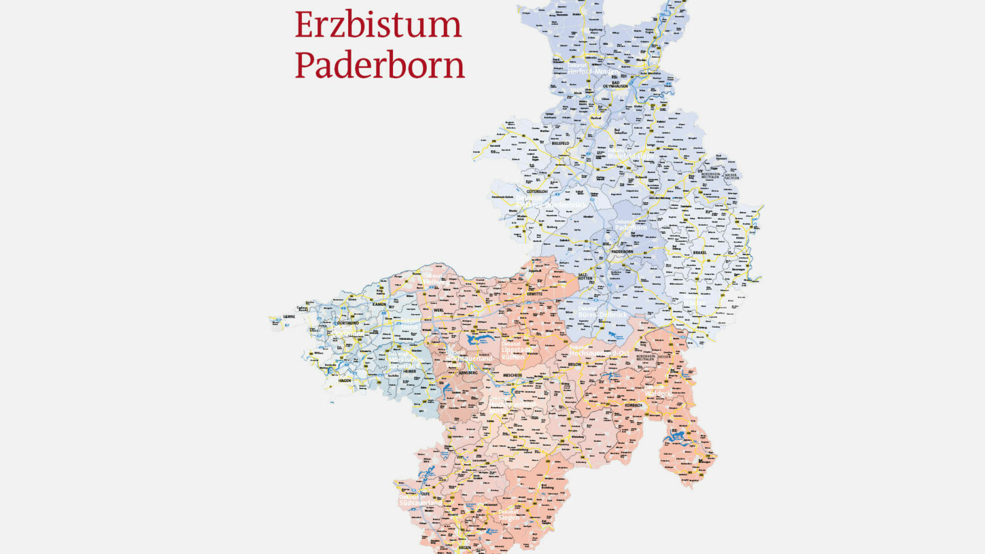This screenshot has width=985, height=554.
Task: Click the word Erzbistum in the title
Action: (x=378, y=25)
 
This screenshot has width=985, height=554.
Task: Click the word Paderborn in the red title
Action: (x=380, y=65)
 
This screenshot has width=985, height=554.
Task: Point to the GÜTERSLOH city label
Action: (x=537, y=192)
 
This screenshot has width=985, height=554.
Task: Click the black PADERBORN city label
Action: (x=622, y=252)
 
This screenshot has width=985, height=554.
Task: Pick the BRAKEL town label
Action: (x=699, y=253)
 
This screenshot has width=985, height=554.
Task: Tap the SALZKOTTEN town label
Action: (x=585, y=276)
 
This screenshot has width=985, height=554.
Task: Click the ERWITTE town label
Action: (x=534, y=294)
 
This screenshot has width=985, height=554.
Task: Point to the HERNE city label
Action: (x=289, y=317)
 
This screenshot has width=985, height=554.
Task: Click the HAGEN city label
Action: (x=345, y=381)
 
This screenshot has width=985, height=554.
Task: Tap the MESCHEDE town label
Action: (x=512, y=375)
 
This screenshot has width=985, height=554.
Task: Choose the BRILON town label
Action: (x=574, y=364)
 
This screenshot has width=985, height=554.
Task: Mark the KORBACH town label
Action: (x=633, y=405)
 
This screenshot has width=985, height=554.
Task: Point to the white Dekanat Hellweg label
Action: (x=434, y=279)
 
